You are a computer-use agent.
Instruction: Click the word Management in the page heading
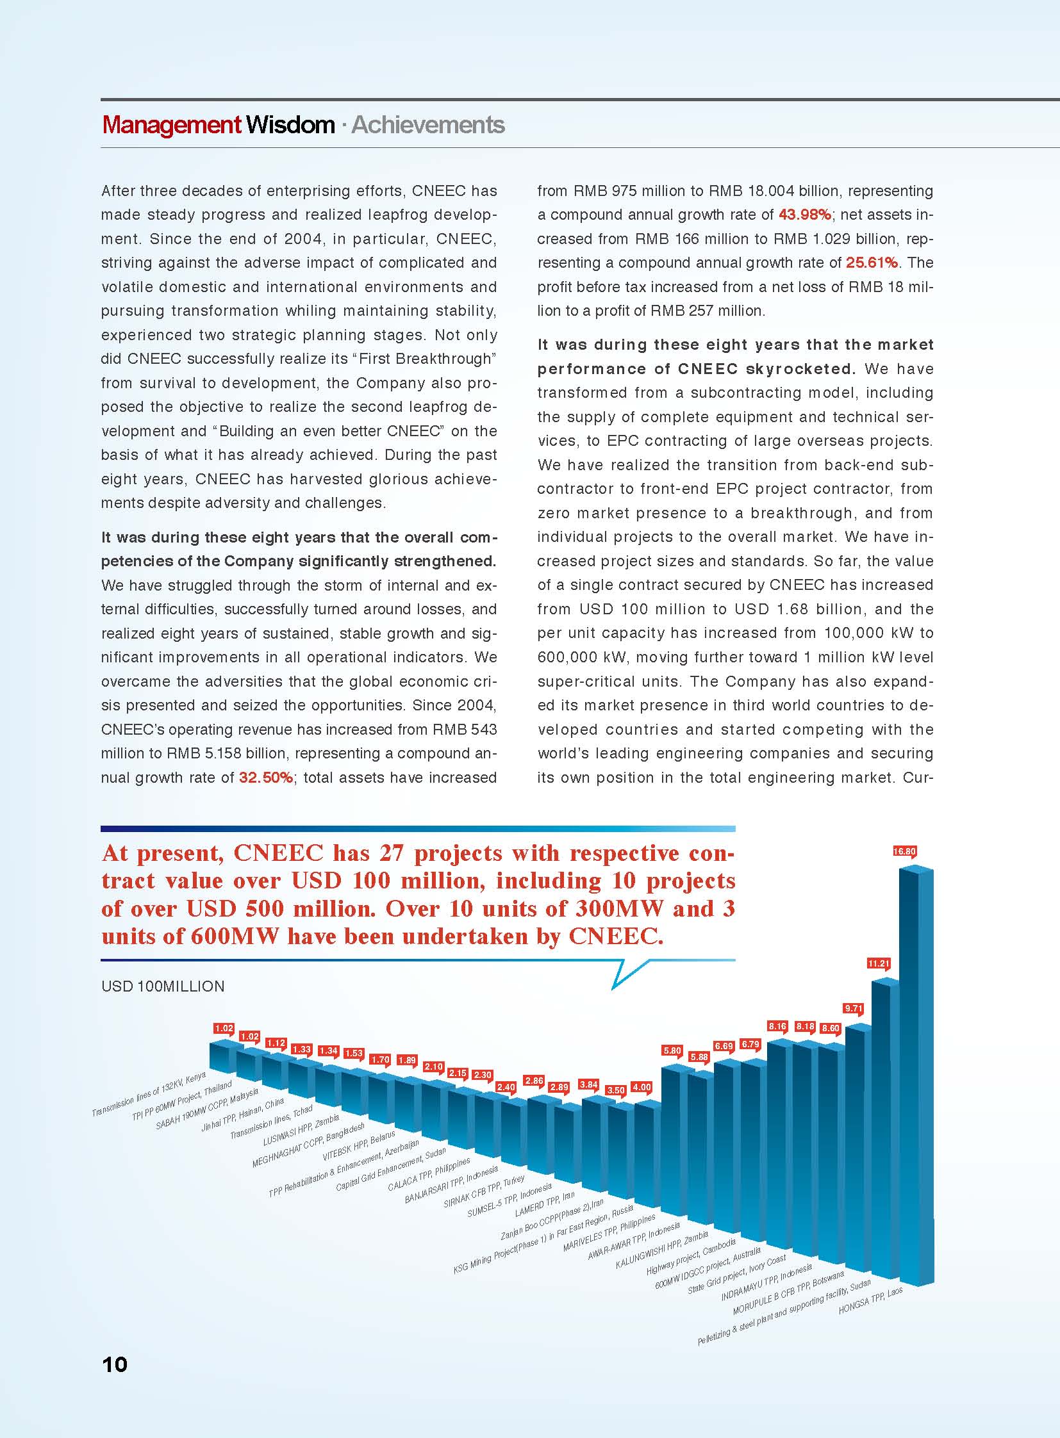coord(171,125)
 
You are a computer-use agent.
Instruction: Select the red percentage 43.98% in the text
coord(805,215)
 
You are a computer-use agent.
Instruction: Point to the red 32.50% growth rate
coord(266,778)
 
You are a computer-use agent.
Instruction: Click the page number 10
coord(115,1364)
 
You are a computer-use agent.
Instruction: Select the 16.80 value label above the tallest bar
coord(904,852)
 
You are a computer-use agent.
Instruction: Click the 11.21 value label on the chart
coord(879,963)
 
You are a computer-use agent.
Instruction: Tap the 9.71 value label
coord(853,1008)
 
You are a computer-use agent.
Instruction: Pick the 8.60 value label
coord(831,1028)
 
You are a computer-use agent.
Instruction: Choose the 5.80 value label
coord(672,1050)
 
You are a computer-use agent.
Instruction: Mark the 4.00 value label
coord(642,1087)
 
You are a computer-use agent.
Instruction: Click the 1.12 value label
coord(276,1043)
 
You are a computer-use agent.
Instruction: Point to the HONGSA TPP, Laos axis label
coord(870,1300)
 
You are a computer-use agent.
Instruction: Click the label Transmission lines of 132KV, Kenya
coord(149,1093)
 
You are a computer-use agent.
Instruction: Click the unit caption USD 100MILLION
coord(163,986)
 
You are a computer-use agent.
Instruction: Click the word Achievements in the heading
coord(428,125)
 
